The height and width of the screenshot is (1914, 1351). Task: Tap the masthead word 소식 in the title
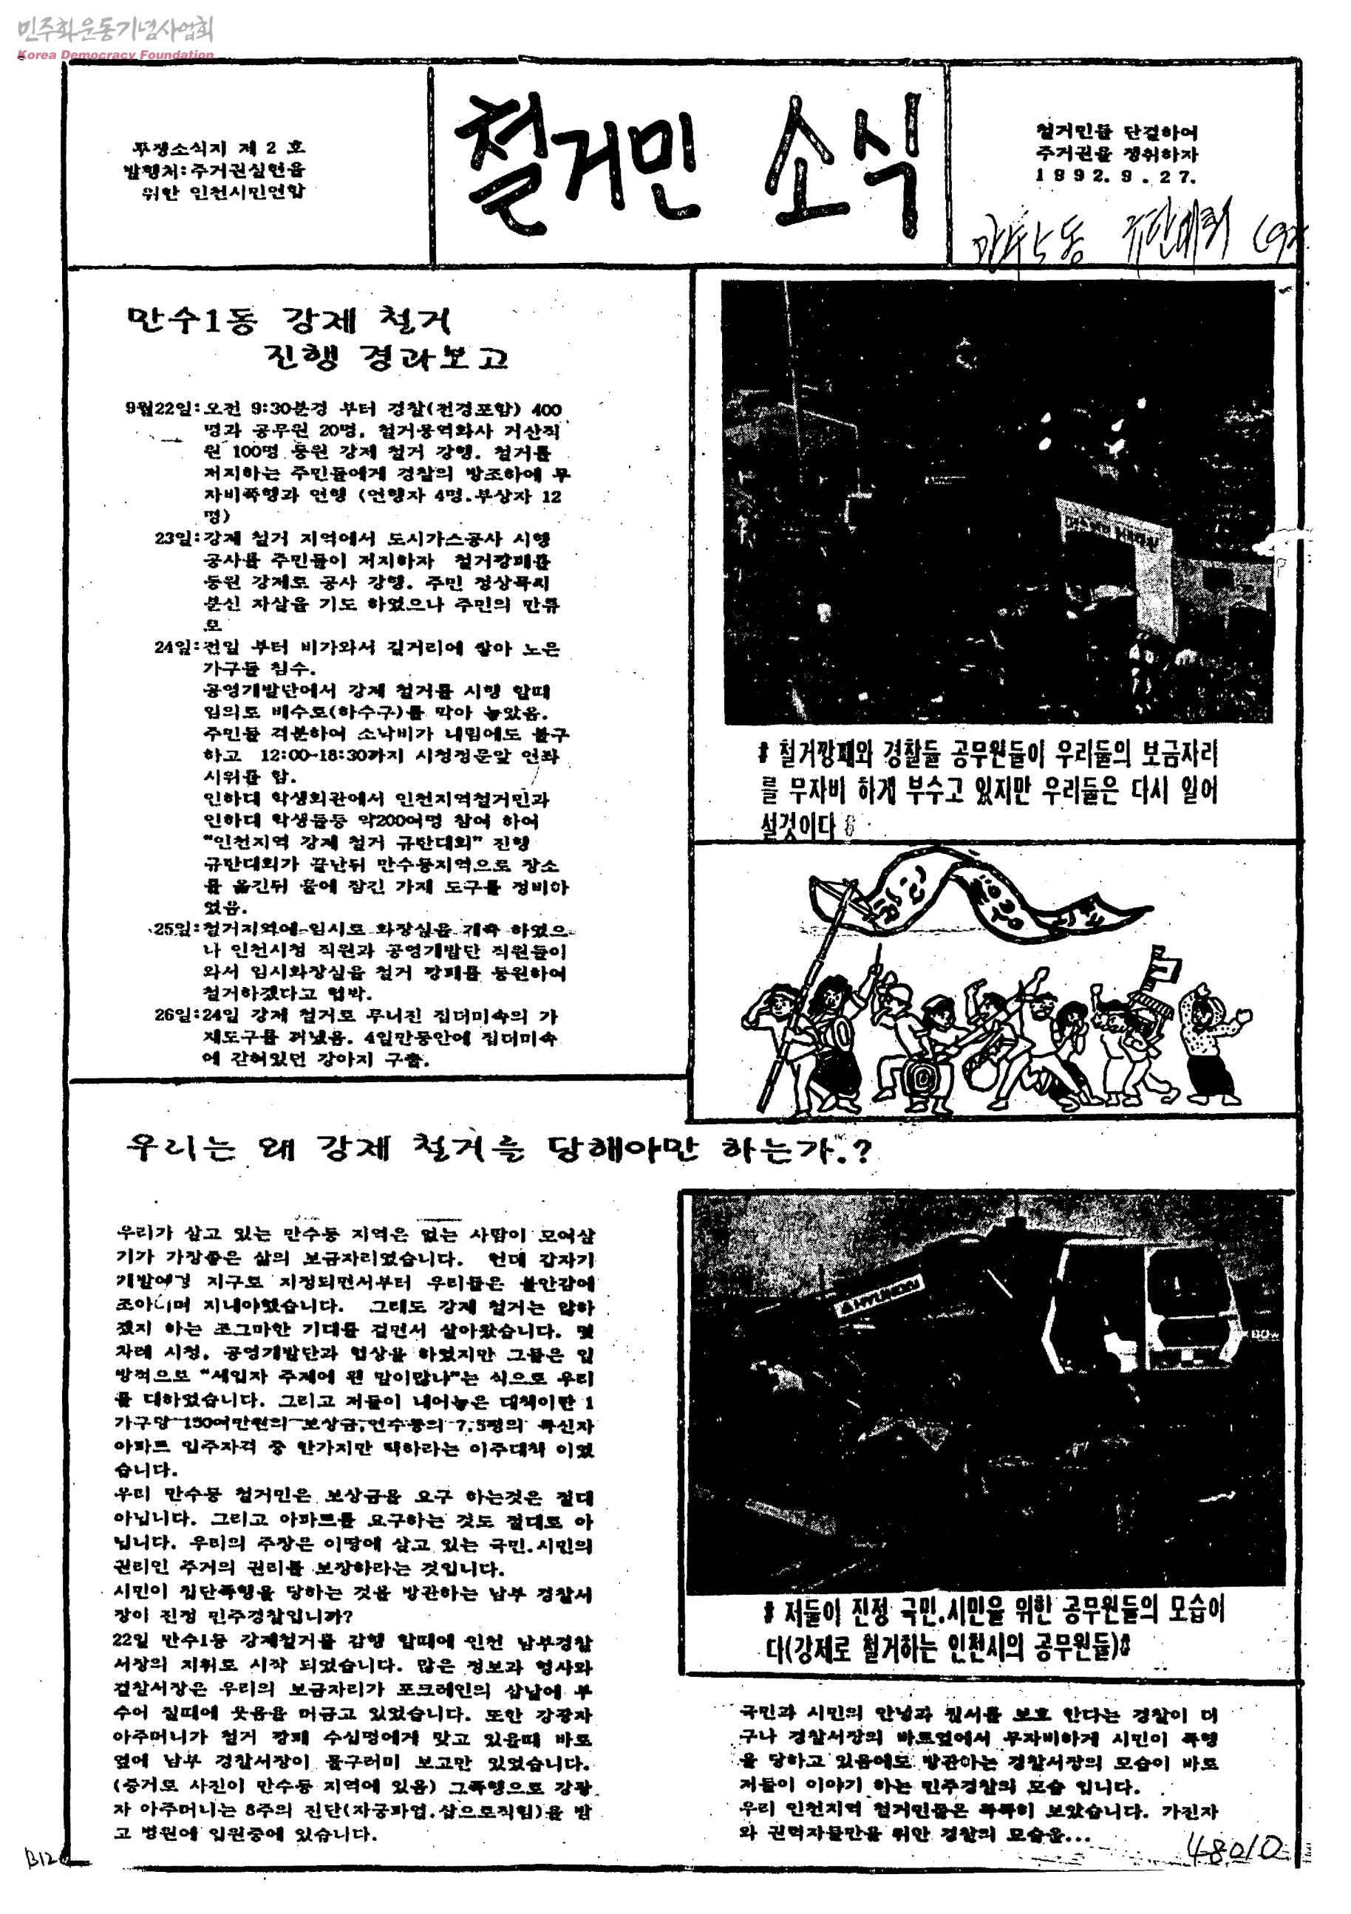coord(843,163)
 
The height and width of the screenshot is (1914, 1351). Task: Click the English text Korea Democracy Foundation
coord(115,55)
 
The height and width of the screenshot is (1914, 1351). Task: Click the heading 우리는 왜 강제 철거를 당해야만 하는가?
coord(499,1149)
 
